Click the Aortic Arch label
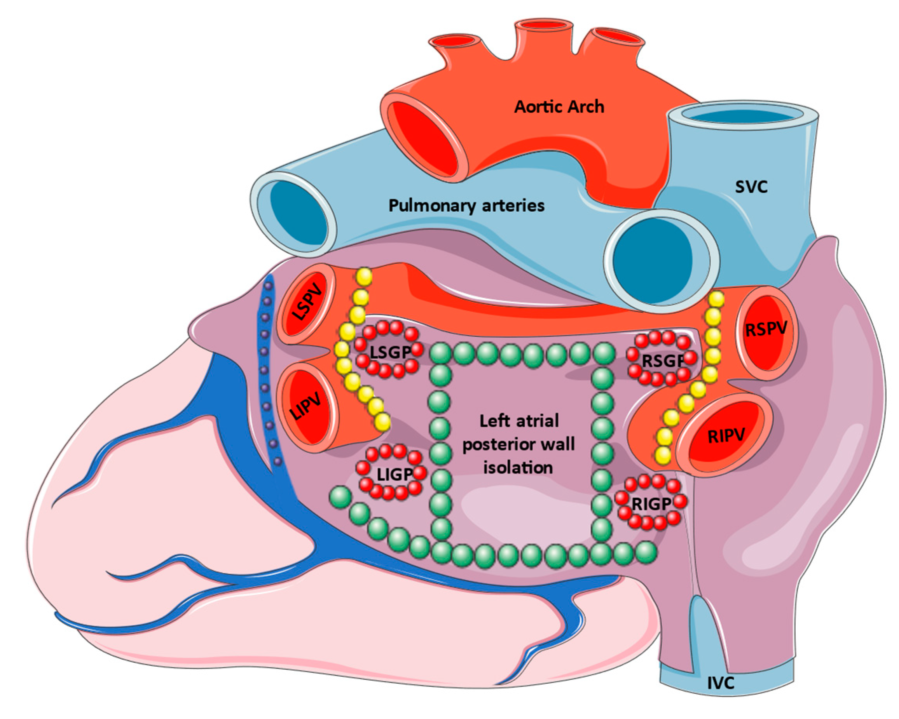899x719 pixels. [x=559, y=107]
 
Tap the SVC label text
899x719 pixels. [x=751, y=187]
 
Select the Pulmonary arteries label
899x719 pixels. [x=466, y=205]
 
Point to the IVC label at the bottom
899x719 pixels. [x=721, y=683]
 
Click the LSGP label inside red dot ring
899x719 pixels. [x=390, y=353]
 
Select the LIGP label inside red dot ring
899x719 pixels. [x=394, y=474]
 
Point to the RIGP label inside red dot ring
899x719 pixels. [x=651, y=504]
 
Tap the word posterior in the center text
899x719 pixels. [x=494, y=445]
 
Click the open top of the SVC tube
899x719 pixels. [x=743, y=115]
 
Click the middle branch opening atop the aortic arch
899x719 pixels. [x=544, y=26]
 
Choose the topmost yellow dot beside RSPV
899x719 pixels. [x=716, y=298]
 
